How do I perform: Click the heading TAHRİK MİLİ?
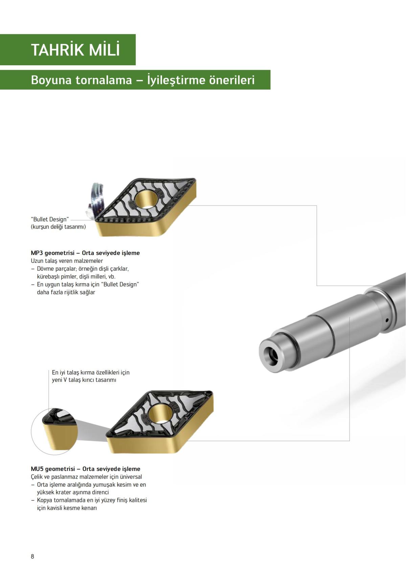pos(75,50)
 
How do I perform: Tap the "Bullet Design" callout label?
pos(50,219)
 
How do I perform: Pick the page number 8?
pos(32,556)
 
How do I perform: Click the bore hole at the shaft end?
pos(271,355)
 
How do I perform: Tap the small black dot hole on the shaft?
pos(387,320)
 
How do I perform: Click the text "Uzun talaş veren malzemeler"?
pos(67,261)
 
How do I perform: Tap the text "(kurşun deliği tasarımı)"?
pos(58,227)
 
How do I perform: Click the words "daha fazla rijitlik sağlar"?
pos(66,292)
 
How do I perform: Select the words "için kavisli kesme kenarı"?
pos(67,508)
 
